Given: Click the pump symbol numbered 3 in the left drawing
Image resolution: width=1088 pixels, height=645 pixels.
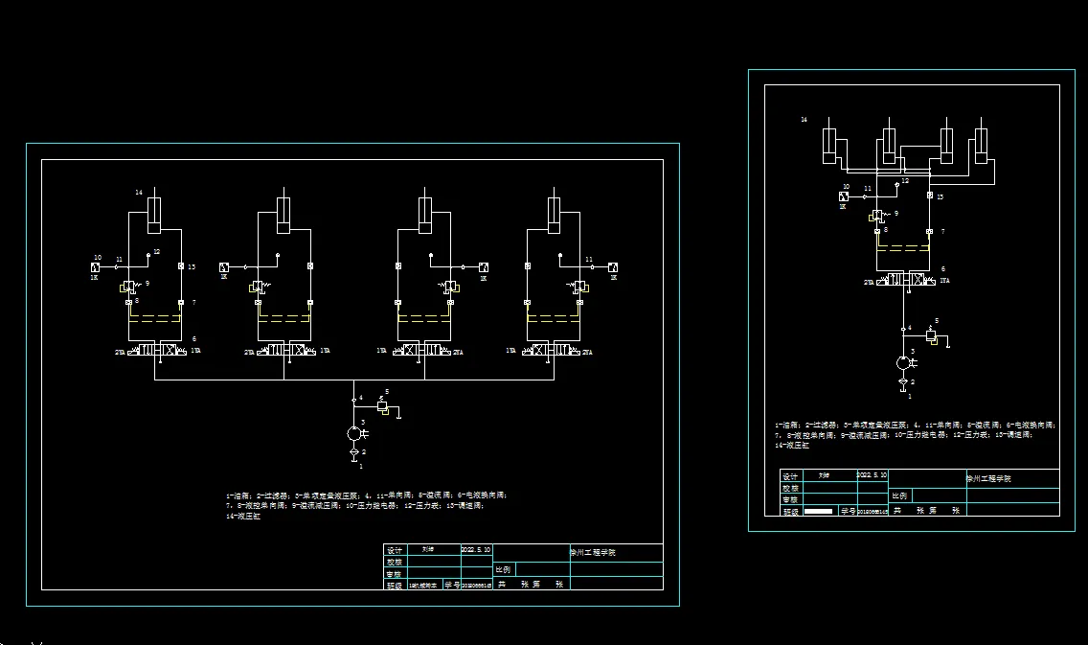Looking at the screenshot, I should (x=353, y=434).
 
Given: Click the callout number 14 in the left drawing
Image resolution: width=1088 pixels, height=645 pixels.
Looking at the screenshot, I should (x=138, y=193).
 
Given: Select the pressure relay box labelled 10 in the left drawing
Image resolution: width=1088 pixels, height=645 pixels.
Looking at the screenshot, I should (x=97, y=266).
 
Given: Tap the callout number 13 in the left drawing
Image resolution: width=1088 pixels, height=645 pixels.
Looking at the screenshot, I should (x=193, y=266).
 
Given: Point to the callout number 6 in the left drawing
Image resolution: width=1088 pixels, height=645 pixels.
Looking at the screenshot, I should (x=194, y=338).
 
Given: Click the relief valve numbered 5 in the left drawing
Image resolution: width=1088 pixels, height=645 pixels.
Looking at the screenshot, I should (x=382, y=407).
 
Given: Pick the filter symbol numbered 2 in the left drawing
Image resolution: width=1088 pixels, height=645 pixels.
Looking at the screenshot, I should (x=353, y=451).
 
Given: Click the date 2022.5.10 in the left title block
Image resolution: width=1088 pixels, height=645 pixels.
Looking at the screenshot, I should (x=475, y=550).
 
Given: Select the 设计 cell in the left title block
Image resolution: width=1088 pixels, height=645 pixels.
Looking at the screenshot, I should (x=394, y=551).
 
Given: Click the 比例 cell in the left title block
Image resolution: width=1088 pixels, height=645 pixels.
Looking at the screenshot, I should (x=503, y=569).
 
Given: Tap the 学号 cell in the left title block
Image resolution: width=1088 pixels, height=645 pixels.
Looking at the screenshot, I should (x=452, y=584).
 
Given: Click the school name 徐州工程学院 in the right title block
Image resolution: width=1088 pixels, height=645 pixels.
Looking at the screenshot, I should (x=987, y=477).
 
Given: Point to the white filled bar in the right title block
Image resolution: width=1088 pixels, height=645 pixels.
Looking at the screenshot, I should (x=818, y=512).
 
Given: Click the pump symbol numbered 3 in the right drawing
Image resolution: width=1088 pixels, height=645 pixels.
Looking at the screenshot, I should (x=902, y=363).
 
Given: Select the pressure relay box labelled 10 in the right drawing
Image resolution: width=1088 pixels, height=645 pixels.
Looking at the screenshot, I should (x=844, y=196).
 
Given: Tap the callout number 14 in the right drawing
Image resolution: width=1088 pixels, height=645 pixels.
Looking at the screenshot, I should (x=804, y=120).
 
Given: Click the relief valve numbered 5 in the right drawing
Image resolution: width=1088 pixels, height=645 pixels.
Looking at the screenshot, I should (x=930, y=335).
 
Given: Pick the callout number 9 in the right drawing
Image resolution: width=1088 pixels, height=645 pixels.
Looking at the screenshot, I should (x=896, y=214).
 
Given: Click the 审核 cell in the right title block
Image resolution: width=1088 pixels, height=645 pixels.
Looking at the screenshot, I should (x=790, y=499).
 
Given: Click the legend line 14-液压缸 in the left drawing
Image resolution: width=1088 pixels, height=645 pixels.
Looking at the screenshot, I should (x=243, y=518).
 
